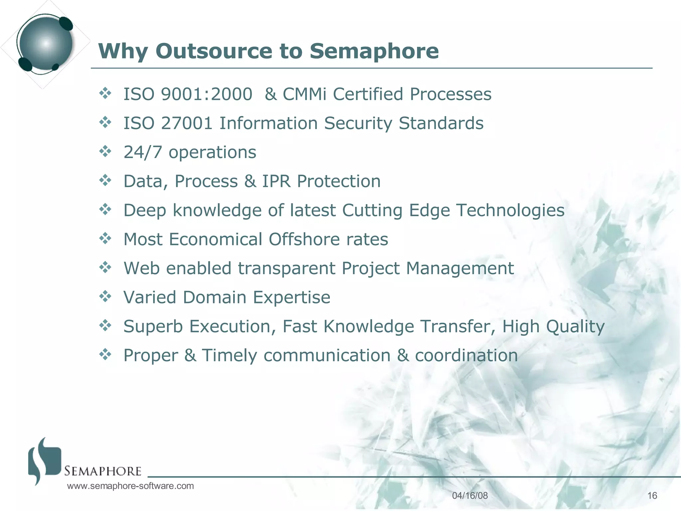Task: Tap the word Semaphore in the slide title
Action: tap(374, 51)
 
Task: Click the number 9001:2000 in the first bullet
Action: tap(206, 94)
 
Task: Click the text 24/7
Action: tap(143, 152)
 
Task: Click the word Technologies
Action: tap(510, 211)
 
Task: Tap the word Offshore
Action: tap(304, 239)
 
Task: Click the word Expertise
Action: tap(292, 297)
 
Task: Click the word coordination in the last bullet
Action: tap(466, 356)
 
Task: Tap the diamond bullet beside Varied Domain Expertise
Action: tap(105, 296)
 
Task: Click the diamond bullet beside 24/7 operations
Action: tap(105, 151)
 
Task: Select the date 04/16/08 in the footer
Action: tap(470, 496)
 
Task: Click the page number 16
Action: tap(652, 496)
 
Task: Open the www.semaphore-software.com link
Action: tap(130, 486)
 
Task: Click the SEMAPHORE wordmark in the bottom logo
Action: tap(103, 471)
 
